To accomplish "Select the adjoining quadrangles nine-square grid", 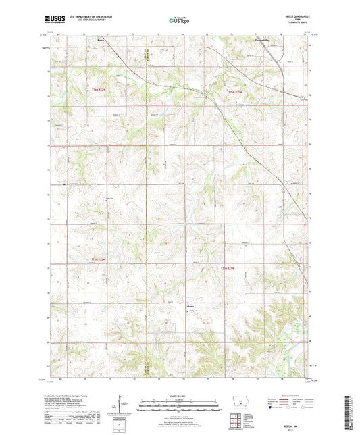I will [x=237, y=422].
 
